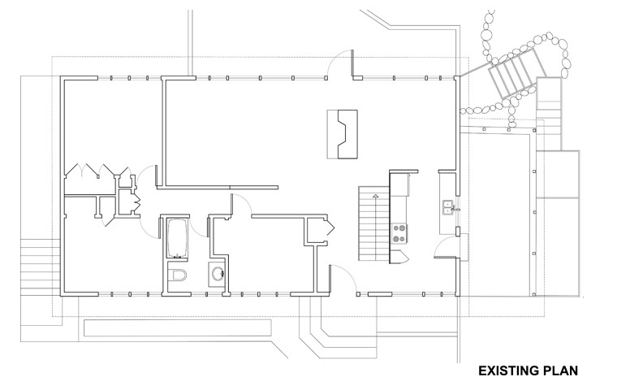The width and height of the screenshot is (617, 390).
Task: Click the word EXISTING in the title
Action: [x=509, y=370]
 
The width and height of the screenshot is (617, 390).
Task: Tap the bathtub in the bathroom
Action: [x=178, y=238]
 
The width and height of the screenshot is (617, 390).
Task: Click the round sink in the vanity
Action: [x=218, y=273]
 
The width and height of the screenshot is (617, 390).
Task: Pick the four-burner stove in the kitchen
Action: [x=399, y=233]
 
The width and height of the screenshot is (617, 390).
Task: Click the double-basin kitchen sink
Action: [x=448, y=208]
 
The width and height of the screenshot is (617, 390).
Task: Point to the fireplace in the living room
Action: [x=343, y=134]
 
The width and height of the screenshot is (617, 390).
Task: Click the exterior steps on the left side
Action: [x=40, y=266]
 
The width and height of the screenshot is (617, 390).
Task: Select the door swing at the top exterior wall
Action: [x=341, y=64]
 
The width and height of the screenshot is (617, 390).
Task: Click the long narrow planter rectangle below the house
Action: [x=178, y=327]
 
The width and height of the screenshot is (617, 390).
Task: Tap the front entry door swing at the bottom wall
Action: [x=343, y=279]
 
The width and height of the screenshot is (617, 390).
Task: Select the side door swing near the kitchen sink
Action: [x=446, y=247]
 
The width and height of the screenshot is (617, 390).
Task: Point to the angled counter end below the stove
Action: [x=399, y=257]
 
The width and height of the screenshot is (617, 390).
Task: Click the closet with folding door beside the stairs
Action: [x=320, y=231]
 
